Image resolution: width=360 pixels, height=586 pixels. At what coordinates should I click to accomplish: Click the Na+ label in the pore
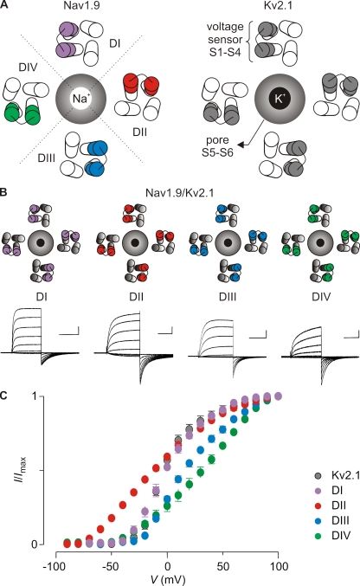tap(81, 99)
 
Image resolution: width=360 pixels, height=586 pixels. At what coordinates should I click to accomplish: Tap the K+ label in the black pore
tap(280, 99)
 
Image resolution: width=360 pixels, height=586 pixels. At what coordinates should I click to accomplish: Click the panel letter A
tap(4, 5)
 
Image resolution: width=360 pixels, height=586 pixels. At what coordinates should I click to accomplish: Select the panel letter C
tap(4, 395)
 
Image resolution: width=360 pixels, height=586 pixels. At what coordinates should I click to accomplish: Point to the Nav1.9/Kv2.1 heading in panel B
tap(180, 193)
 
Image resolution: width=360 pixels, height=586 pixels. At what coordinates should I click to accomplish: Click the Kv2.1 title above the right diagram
tap(278, 5)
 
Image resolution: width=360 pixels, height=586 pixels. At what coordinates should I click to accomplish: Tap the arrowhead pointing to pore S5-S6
tap(241, 145)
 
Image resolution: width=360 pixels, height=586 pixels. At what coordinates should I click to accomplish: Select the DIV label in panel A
tap(28, 68)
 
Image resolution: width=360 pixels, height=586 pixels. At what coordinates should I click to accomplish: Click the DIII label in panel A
tap(47, 158)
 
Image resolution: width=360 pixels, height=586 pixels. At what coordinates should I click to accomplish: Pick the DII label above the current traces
tap(136, 297)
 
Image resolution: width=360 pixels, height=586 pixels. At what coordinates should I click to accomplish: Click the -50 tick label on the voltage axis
tap(112, 566)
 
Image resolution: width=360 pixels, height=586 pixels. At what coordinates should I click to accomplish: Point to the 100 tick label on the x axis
tap(278, 566)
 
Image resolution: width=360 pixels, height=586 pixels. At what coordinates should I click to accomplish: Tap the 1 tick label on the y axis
tap(35, 396)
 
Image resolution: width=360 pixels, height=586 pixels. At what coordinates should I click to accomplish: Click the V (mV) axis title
tap(168, 580)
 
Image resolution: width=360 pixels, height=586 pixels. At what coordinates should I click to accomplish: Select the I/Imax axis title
tap(20, 469)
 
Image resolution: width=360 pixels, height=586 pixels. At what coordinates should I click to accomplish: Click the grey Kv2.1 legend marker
tap(318, 476)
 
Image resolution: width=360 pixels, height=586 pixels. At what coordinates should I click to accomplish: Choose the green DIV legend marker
tap(318, 536)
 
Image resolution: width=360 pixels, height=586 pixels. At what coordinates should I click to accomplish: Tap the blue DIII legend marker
tap(318, 520)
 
